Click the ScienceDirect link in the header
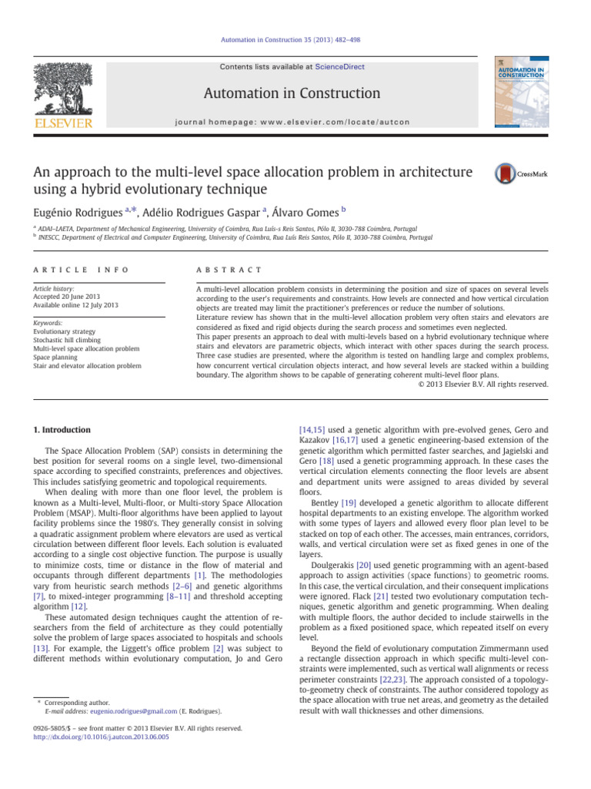(339, 67)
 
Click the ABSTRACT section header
(230, 270)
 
